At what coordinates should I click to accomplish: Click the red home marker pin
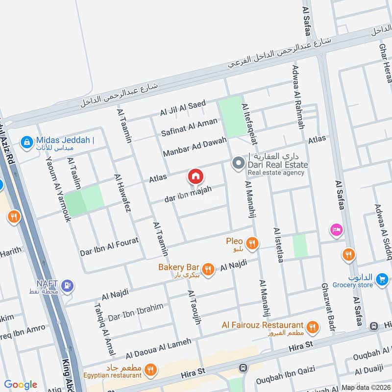coord(195,176)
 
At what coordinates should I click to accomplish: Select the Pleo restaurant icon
coord(252,243)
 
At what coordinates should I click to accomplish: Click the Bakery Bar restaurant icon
coord(208,269)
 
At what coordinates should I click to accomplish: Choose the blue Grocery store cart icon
coord(381,280)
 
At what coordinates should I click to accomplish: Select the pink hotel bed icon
coord(336,229)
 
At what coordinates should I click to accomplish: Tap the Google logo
coord(21,385)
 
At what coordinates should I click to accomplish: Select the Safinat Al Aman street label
coord(189,127)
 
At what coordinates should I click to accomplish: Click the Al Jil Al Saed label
coord(182,108)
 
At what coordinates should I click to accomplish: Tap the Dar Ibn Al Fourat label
coord(110,246)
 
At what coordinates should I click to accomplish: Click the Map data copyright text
coord(366,387)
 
